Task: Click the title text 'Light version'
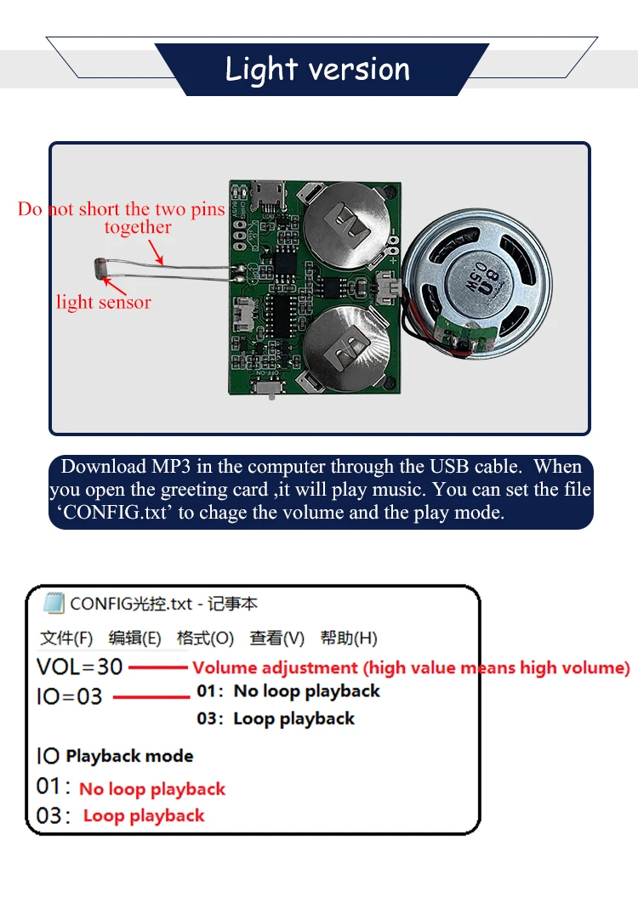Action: [317, 70]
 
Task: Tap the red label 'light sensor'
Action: [103, 302]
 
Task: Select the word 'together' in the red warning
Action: [138, 227]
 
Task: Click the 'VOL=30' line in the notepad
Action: [80, 667]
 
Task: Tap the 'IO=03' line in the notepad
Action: [70, 696]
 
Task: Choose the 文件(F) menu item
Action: [66, 638]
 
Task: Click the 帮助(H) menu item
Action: [349, 638]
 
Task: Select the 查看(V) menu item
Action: [276, 638]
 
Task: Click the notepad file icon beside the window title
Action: [54, 604]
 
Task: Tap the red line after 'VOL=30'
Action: [157, 667]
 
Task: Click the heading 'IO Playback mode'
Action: [115, 755]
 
